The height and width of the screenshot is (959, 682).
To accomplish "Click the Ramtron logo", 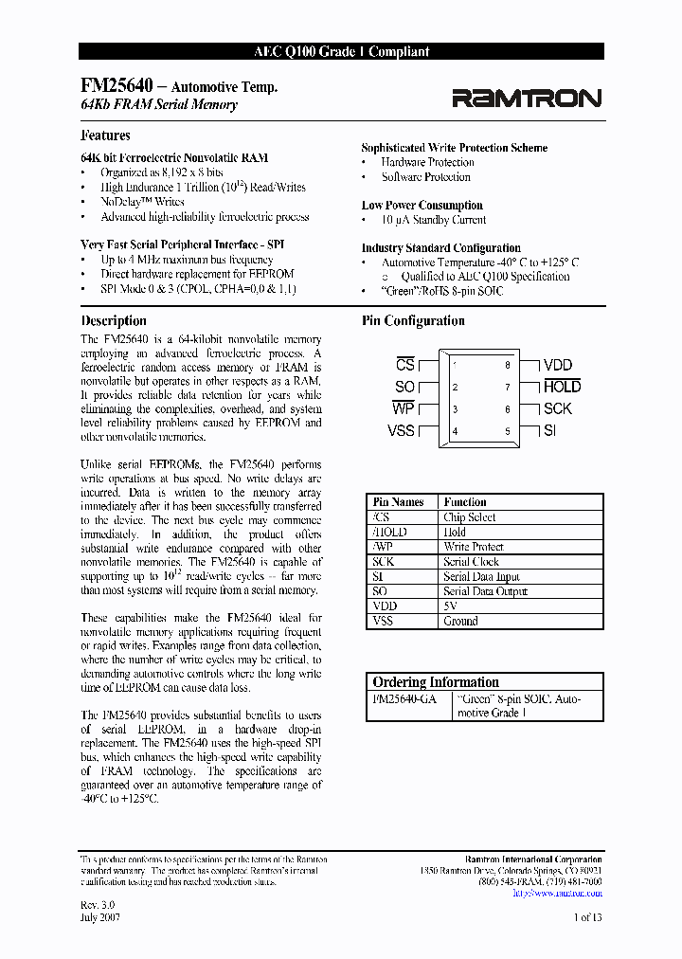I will coord(526,98).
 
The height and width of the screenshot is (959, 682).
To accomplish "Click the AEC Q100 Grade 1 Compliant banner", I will coord(342,52).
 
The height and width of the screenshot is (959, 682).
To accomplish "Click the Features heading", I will coord(106,136).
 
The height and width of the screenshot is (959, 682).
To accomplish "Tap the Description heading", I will coord(114,321).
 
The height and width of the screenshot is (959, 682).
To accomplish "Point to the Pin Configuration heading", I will coord(413,321).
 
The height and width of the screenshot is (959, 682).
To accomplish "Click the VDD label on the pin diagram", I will coord(557,365).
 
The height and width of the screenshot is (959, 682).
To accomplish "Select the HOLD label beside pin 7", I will coord(562,387).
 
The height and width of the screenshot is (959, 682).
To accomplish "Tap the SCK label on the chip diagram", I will coord(557,408).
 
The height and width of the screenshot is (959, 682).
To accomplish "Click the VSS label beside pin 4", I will coord(402,431).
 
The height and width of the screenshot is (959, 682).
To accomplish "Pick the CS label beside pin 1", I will coord(404,365).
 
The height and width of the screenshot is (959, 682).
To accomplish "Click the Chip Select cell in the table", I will coord(469,517).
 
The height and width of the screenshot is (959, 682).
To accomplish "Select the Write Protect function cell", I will coord(473,547).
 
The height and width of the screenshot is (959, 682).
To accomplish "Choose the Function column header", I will coord(464,502).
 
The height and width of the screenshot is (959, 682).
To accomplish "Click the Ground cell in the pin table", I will coord(460,621).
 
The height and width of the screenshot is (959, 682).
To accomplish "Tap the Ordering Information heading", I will coord(436,681).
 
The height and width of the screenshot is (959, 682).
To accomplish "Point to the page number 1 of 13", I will coord(587,916).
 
